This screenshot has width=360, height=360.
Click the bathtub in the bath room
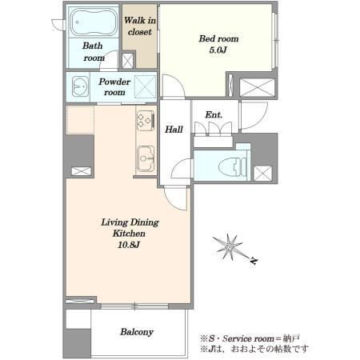coord(94,22)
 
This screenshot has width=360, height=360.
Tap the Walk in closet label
coord(140,26)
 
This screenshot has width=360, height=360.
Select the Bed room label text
coord(218,38)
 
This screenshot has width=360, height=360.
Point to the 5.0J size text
coord(218,50)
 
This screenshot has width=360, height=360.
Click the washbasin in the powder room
coord(80,86)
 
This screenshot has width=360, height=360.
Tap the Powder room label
coord(114,86)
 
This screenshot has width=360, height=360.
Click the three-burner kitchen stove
coord(146,121)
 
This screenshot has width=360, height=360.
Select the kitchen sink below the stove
coord(146,158)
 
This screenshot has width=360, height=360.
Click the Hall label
coord(174,130)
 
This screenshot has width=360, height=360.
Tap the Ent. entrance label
coord(214,115)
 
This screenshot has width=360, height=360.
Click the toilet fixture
coord(233,167)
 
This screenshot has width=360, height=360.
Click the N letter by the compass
coord(254,261)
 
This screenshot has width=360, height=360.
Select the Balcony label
coord(137,332)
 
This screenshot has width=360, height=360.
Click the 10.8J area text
coord(129,245)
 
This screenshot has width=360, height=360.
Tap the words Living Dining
coord(130,222)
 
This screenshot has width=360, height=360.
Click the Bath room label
coord(93,52)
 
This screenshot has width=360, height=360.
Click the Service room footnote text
coord(250,338)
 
